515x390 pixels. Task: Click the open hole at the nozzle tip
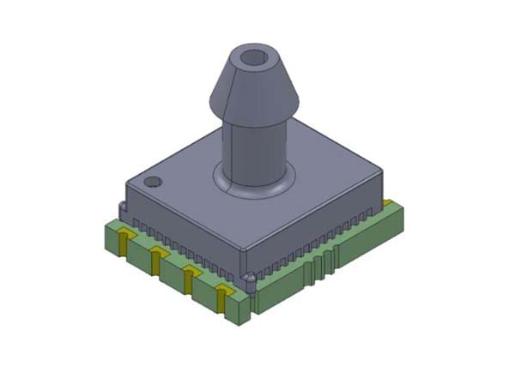tap(254, 58)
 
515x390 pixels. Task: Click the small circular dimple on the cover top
tap(154, 182)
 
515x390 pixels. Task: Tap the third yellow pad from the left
tap(189, 277)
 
